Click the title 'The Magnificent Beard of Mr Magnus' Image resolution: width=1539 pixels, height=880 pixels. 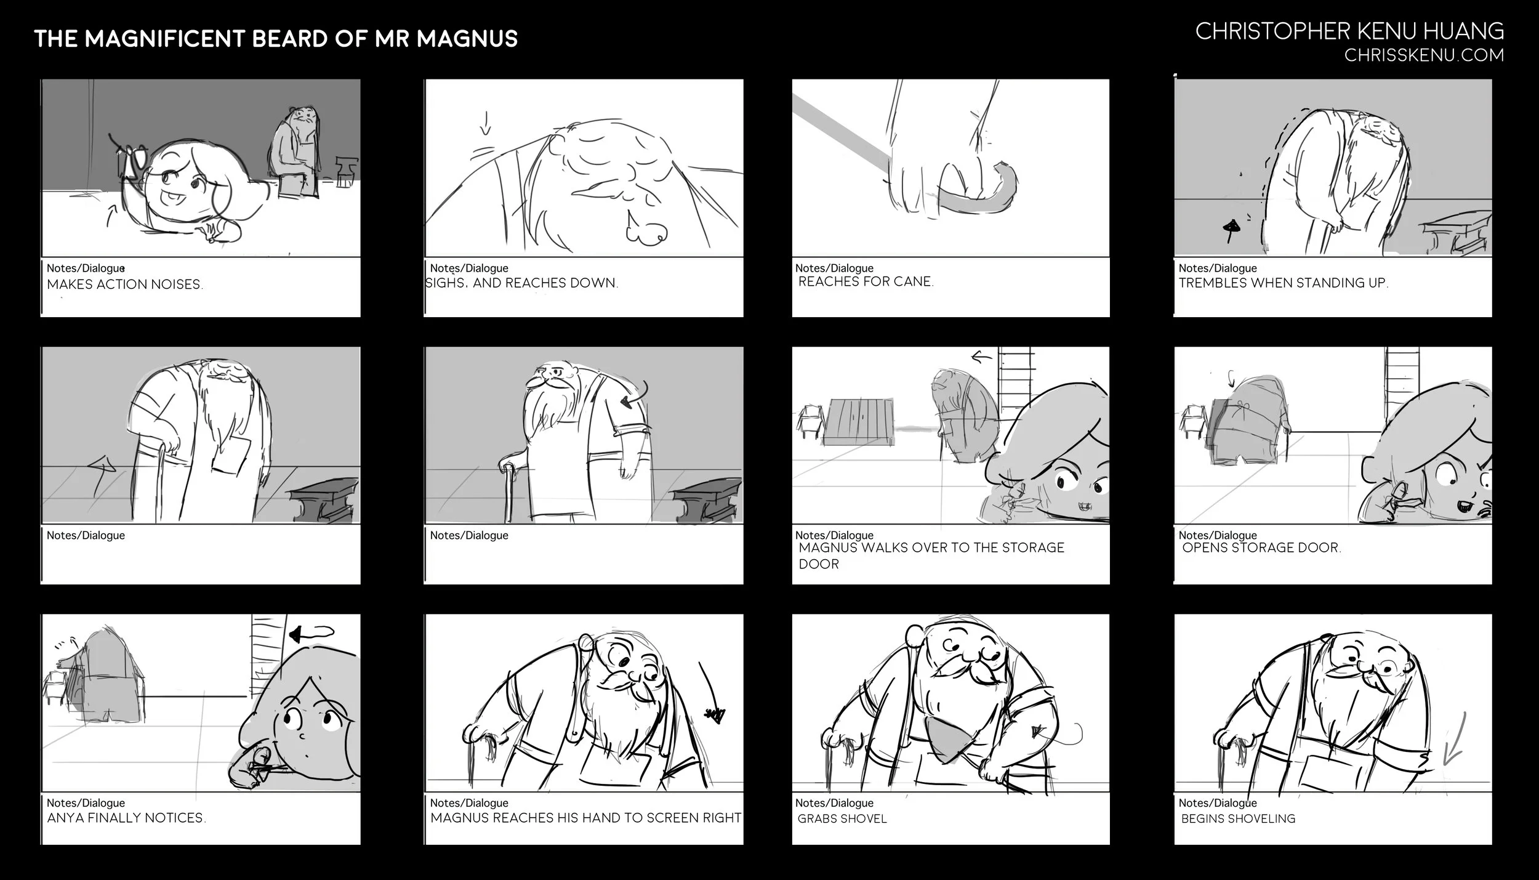pos(276,39)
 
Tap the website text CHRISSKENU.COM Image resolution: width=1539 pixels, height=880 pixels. pos(1424,55)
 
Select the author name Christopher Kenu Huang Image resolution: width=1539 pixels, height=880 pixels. pos(1349,31)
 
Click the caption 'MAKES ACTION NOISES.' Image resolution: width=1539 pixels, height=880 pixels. pos(125,285)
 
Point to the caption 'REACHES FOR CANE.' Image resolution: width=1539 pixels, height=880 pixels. pos(866,282)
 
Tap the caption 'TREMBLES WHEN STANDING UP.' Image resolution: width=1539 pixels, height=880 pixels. pos(1284,283)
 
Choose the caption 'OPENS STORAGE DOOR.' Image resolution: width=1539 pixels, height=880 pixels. pos(1261,547)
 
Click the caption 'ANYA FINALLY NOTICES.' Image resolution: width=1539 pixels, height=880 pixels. pos(126,818)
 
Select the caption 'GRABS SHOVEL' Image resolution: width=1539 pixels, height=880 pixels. pos(842,818)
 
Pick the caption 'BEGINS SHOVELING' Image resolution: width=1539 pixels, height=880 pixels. pos(1238,818)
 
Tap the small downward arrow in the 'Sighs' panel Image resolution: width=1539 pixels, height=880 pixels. pos(486,122)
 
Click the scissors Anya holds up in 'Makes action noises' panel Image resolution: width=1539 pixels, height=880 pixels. pos(132,158)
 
